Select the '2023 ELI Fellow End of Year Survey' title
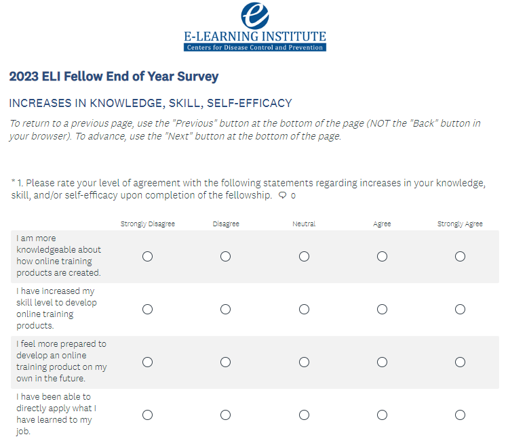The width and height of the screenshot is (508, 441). pyautogui.click(x=114, y=77)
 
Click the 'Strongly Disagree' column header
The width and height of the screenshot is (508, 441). pyautogui.click(x=147, y=224)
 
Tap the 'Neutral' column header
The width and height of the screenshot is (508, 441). pyautogui.click(x=304, y=224)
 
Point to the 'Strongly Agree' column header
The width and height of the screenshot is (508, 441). pyautogui.click(x=460, y=224)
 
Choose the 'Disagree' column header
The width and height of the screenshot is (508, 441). pyautogui.click(x=225, y=224)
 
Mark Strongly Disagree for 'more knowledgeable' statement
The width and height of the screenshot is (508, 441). pyautogui.click(x=147, y=256)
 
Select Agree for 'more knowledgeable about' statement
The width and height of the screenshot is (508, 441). pyautogui.click(x=382, y=256)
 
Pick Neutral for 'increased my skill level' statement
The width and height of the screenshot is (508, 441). pyautogui.click(x=304, y=309)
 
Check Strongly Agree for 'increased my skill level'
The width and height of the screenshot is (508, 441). pyautogui.click(x=460, y=309)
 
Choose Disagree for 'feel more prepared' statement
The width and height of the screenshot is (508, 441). pyautogui.click(x=225, y=362)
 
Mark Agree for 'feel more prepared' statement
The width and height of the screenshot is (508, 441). pyautogui.click(x=382, y=362)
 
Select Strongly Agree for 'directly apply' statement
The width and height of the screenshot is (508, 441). pyautogui.click(x=460, y=415)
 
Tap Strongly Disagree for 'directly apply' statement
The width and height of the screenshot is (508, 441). pyautogui.click(x=147, y=415)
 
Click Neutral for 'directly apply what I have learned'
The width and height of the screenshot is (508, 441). pyautogui.click(x=304, y=415)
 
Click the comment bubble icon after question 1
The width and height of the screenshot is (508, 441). pyautogui.click(x=282, y=195)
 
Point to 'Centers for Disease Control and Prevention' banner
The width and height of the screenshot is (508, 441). pyautogui.click(x=254, y=47)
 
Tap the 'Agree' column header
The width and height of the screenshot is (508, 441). pyautogui.click(x=382, y=224)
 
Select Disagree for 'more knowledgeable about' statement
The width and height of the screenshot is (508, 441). pyautogui.click(x=225, y=256)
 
